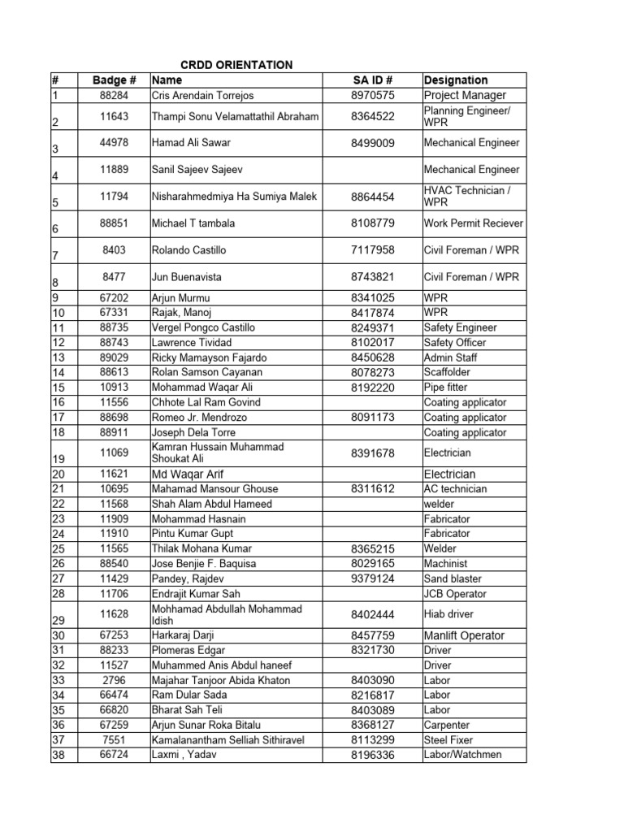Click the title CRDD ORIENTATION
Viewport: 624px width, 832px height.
click(x=236, y=65)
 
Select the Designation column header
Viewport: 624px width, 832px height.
click(x=456, y=80)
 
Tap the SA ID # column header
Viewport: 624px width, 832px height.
click(x=373, y=80)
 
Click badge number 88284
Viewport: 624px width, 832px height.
click(x=115, y=96)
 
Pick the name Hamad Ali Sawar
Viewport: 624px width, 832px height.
click(x=191, y=143)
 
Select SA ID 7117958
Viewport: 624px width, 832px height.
click(x=373, y=250)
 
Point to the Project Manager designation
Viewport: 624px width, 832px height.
click(x=465, y=96)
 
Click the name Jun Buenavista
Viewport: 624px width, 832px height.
click(x=186, y=277)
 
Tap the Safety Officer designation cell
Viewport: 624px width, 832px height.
click(x=455, y=343)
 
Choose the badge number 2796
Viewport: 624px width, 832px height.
click(x=115, y=680)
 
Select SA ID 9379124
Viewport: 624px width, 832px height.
click(x=373, y=579)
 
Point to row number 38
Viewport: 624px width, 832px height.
click(x=58, y=755)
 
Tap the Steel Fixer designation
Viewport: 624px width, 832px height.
click(x=448, y=740)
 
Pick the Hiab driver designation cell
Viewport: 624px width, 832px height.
click(x=448, y=615)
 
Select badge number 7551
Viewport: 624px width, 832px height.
click(x=115, y=740)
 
